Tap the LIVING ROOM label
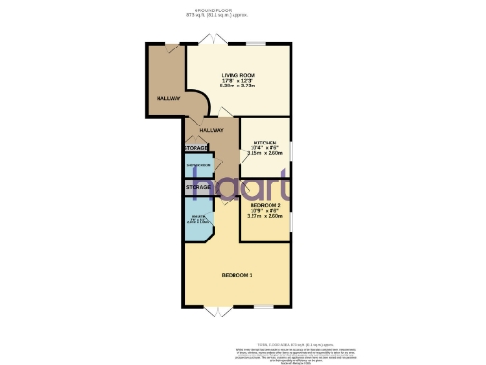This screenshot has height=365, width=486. (x=239, y=75)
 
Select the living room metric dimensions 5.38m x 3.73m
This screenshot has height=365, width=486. (x=239, y=86)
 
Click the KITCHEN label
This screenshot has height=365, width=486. (x=265, y=142)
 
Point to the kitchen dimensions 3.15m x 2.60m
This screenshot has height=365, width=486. (x=265, y=153)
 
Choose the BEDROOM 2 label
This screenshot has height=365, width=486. (x=265, y=205)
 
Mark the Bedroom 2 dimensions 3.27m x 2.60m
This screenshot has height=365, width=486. (x=265, y=217)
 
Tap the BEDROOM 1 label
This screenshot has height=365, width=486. (x=236, y=275)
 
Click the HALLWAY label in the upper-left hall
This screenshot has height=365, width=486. (x=168, y=98)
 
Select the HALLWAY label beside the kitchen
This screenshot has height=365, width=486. (x=212, y=129)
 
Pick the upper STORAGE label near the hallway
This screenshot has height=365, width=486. (x=197, y=148)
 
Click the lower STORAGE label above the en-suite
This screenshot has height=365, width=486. (x=197, y=188)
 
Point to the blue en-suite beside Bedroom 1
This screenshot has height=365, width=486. (x=198, y=225)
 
